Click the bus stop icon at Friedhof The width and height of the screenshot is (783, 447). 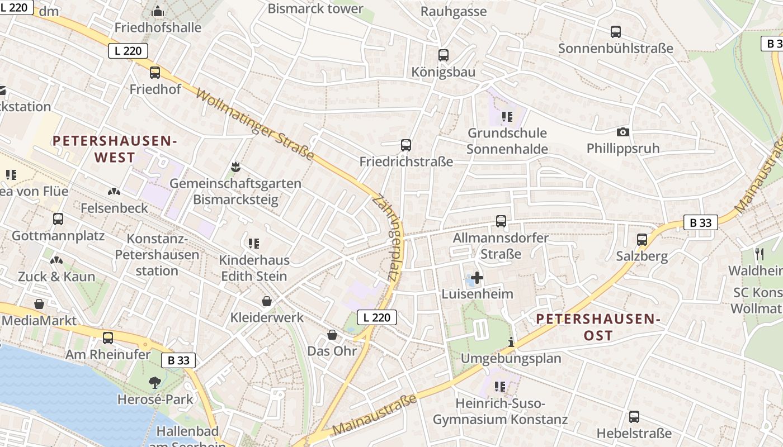pyautogui.click(x=155, y=73)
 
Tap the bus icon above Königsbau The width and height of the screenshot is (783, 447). pyautogui.click(x=444, y=55)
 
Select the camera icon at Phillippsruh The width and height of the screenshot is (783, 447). pyautogui.click(x=622, y=132)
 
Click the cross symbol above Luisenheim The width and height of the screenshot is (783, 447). pyautogui.click(x=477, y=277)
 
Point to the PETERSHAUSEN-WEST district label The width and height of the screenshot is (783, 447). pyautogui.click(x=115, y=149)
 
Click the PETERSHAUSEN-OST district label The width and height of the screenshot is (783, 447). pyautogui.click(x=598, y=327)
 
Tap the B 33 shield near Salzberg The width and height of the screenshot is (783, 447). pyautogui.click(x=700, y=223)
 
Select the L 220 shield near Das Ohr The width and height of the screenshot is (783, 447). pyautogui.click(x=376, y=317)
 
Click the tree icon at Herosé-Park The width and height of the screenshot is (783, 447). pyautogui.click(x=155, y=383)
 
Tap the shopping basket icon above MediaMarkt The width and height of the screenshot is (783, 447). pyautogui.click(x=39, y=304)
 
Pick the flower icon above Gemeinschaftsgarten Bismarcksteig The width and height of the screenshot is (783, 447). pyautogui.click(x=235, y=167)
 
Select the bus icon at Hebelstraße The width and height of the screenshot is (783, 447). pyautogui.click(x=634, y=416)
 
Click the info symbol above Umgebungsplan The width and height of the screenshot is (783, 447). pyautogui.click(x=510, y=342)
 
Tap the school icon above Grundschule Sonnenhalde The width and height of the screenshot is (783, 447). pyautogui.click(x=507, y=117)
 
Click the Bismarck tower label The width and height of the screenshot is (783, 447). pyautogui.click(x=315, y=9)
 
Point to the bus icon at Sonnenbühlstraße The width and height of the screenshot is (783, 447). pyautogui.click(x=616, y=32)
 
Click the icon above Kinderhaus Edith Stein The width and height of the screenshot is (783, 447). pyautogui.click(x=254, y=243)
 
